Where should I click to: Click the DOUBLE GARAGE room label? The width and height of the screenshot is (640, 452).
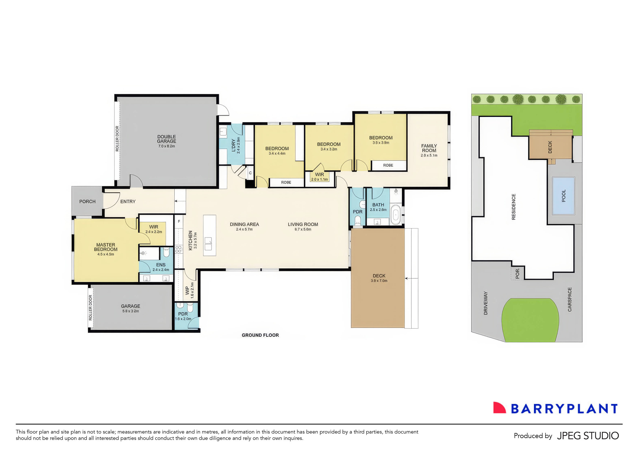(167, 139)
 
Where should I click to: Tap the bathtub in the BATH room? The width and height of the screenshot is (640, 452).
(395, 215)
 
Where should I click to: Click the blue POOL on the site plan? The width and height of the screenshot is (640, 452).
(563, 196)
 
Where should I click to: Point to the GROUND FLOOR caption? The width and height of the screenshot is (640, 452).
(260, 335)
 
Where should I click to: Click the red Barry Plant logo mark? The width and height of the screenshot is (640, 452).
(499, 408)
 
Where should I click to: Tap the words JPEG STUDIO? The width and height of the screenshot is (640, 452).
(588, 436)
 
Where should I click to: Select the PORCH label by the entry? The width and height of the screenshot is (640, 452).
(87, 201)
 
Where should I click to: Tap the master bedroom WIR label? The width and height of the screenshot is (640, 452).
(153, 227)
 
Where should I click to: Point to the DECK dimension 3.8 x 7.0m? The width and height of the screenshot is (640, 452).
(379, 281)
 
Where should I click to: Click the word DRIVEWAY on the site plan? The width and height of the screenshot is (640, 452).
(486, 303)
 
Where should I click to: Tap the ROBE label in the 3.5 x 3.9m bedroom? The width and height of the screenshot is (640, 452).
(388, 165)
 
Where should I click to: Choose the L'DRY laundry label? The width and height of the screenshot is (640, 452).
(233, 145)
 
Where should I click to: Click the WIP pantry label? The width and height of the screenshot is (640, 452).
(187, 290)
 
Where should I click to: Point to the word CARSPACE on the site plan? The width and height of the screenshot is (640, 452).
(569, 300)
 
